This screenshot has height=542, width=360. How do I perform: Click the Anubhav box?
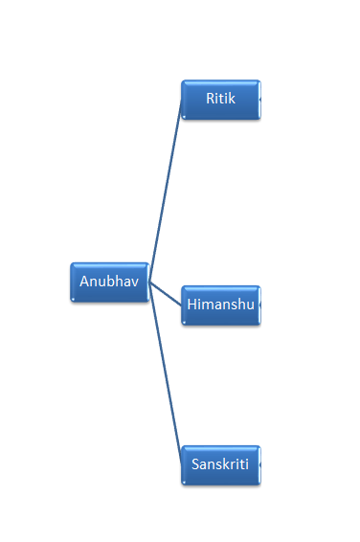click(x=109, y=282)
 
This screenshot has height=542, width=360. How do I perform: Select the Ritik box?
click(x=220, y=100)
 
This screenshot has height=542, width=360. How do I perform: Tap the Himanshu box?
click(x=220, y=305)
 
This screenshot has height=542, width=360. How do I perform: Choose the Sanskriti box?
click(x=220, y=464)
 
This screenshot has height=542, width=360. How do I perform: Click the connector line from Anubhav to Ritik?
click(x=165, y=192)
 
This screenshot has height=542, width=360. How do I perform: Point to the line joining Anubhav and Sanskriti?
click(x=166, y=373)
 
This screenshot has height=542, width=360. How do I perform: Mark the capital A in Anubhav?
click(x=84, y=282)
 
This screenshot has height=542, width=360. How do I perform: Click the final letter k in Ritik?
click(x=232, y=98)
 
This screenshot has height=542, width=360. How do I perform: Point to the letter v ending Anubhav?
click(x=135, y=282)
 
